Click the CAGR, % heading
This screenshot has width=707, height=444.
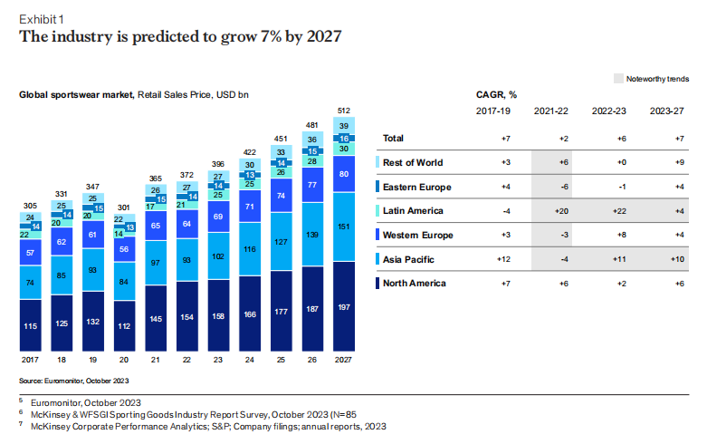(x=496, y=93)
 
